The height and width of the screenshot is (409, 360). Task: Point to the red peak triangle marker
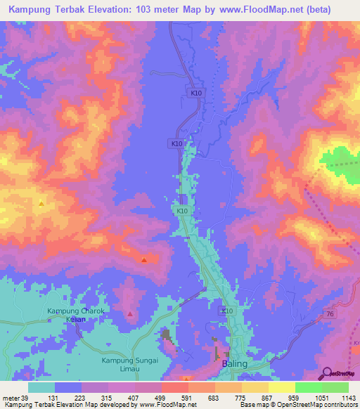[x=144, y=260]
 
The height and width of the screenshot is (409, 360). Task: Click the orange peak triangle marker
[x=41, y=204]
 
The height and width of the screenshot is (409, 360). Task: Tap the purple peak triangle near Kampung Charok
[x=129, y=313]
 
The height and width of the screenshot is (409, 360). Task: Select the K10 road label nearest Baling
[x=227, y=311]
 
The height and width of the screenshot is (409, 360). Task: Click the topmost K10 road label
[x=195, y=92]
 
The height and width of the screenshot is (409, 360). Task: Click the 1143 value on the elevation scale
[x=348, y=398]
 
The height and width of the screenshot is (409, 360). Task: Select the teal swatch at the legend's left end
[x=41, y=387]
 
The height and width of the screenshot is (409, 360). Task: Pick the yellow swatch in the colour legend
[x=282, y=387]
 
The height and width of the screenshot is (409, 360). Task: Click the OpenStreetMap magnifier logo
[x=326, y=373]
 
